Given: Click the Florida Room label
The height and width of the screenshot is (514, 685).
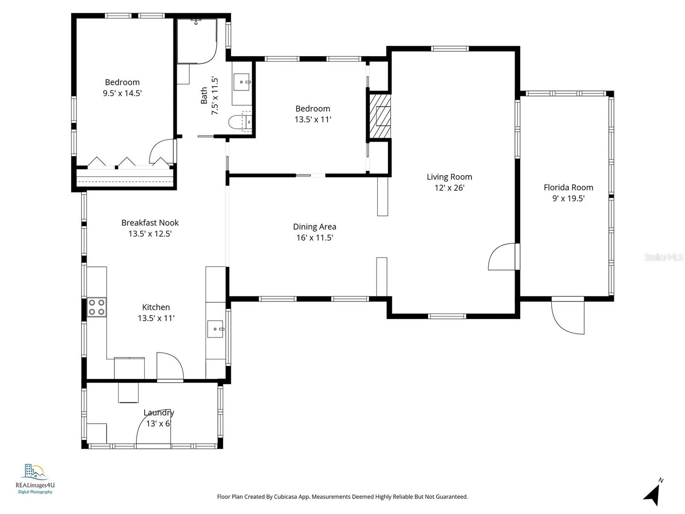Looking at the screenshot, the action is (x=568, y=187).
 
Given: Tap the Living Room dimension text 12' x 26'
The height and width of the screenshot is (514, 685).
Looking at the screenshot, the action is (x=449, y=188).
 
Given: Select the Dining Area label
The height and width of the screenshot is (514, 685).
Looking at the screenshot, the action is (x=315, y=227).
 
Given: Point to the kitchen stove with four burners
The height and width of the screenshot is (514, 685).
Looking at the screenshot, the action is (x=97, y=307).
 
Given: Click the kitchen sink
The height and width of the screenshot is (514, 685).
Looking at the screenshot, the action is (x=215, y=329).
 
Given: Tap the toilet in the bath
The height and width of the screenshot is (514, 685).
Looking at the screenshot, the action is (x=240, y=122).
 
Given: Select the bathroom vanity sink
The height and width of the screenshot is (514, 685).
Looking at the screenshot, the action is (x=242, y=82).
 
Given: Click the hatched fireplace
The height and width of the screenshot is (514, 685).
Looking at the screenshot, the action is (x=380, y=116).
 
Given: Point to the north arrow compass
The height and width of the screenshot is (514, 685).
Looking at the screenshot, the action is (x=653, y=493).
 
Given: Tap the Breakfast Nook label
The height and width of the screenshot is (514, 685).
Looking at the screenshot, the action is (x=150, y=223).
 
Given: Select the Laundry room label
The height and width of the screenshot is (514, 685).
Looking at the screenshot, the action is (x=159, y=413).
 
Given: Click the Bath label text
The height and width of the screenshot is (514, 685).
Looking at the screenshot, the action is (x=204, y=96).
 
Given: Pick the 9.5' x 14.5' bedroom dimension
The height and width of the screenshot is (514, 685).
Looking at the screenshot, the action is (x=122, y=93).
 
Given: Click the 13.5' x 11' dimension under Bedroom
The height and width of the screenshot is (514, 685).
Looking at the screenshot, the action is (x=313, y=120).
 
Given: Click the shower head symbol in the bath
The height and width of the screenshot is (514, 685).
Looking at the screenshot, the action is (x=196, y=22).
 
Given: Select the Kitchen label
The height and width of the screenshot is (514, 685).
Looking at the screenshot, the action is (x=156, y=307).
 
